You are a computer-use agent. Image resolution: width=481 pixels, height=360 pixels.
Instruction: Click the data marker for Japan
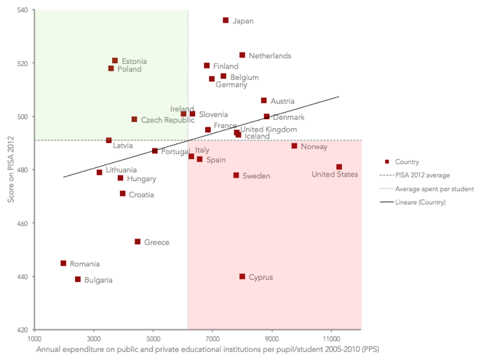coord(226,20)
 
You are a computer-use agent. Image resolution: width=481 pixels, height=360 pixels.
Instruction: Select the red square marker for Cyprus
coord(242,276)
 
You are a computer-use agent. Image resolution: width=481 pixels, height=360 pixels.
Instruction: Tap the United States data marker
coord(339,167)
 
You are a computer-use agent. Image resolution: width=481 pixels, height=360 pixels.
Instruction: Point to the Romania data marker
coord(63,263)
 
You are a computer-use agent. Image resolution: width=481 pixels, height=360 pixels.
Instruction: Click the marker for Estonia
coord(115,61)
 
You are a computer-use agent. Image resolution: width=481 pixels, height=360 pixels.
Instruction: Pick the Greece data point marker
coord(138,241)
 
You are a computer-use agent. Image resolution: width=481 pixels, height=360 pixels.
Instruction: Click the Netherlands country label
coord(269,56)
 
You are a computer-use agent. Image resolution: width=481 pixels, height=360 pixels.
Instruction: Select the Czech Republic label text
coord(167,120)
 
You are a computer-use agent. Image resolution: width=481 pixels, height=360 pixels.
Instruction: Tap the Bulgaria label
coord(98,280)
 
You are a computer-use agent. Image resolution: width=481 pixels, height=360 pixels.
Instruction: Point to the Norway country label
coord(314,147)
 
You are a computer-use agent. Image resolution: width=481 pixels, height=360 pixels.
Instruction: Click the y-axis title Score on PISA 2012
coord(9,170)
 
